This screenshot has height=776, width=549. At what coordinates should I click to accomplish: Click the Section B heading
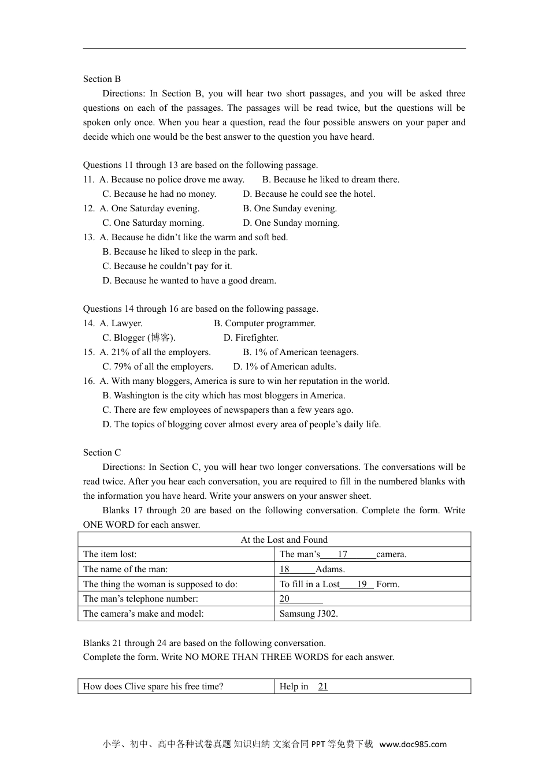[x=102, y=79]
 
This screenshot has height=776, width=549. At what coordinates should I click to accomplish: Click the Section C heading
[x=102, y=453]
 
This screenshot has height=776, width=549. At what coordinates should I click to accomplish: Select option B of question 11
[x=331, y=180]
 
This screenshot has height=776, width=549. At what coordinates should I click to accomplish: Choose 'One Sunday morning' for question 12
[x=291, y=223]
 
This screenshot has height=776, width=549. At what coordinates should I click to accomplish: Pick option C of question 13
[x=167, y=266]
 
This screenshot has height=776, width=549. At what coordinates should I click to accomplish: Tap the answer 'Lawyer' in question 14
[x=121, y=323]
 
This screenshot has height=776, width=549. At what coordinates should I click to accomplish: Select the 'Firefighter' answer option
[x=251, y=338]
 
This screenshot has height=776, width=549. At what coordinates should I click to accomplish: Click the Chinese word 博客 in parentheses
[x=161, y=338]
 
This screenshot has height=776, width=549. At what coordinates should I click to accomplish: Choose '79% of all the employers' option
[x=158, y=367]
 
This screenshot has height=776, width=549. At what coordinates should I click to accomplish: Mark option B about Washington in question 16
[x=224, y=396]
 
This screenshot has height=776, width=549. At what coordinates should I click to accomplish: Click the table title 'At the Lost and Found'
[x=284, y=540]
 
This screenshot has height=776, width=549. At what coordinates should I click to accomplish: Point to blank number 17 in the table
[x=343, y=554]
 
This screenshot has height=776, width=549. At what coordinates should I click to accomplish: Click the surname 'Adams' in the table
[x=329, y=569]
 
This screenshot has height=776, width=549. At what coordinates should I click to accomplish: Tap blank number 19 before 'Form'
[x=362, y=584]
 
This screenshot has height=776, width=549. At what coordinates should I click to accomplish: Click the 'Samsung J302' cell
[x=309, y=614]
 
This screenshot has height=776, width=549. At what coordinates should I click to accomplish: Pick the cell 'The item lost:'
[x=110, y=554]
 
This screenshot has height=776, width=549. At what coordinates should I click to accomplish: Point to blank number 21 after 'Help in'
[x=323, y=687]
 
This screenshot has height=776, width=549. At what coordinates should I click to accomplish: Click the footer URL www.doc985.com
[x=413, y=744]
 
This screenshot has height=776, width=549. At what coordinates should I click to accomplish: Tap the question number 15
[x=88, y=352]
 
